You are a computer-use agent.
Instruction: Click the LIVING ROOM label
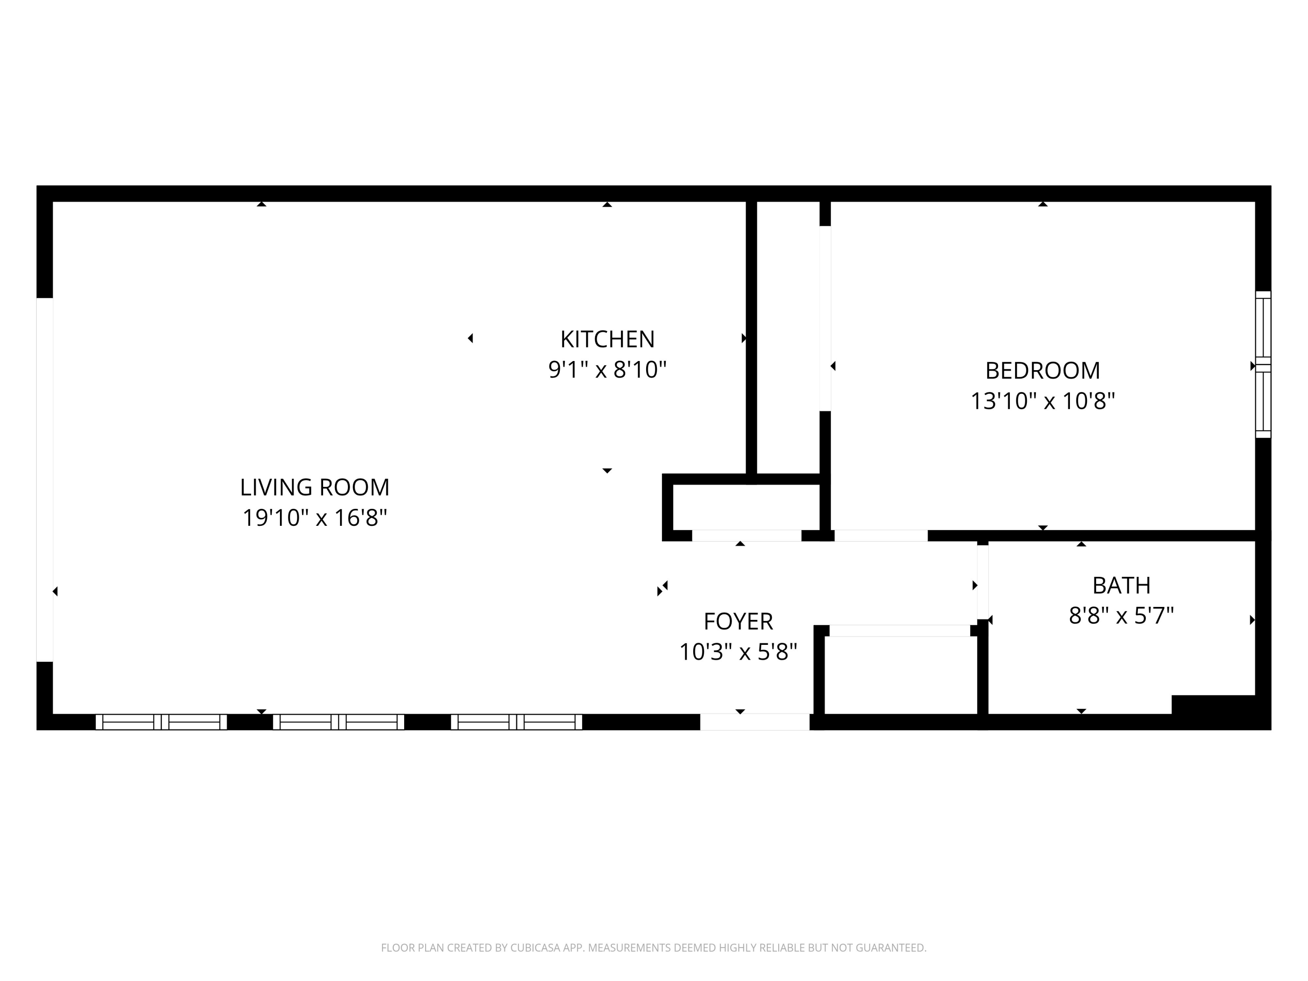tap(315, 487)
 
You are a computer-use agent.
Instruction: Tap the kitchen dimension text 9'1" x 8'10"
tap(607, 370)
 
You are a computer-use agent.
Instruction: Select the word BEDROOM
tap(1042, 371)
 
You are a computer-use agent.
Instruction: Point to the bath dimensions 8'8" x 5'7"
tap(1121, 616)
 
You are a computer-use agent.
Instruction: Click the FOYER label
tap(738, 621)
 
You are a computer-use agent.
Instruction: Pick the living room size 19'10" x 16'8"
tap(315, 518)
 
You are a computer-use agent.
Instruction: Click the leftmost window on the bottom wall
tap(161, 722)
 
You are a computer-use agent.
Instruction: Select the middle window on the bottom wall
tap(338, 722)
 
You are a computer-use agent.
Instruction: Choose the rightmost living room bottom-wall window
tap(516, 722)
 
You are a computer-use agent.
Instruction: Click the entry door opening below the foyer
tap(755, 722)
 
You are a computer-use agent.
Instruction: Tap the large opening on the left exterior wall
tap(45, 480)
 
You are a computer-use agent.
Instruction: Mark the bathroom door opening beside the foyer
tap(982, 582)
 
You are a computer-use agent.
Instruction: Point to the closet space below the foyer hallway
tap(900, 675)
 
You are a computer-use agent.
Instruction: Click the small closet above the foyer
tap(746, 507)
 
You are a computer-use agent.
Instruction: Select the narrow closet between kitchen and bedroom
tap(788, 337)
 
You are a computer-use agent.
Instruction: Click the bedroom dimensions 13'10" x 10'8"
tap(1042, 402)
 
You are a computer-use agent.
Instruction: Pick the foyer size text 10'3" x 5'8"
tap(738, 652)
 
